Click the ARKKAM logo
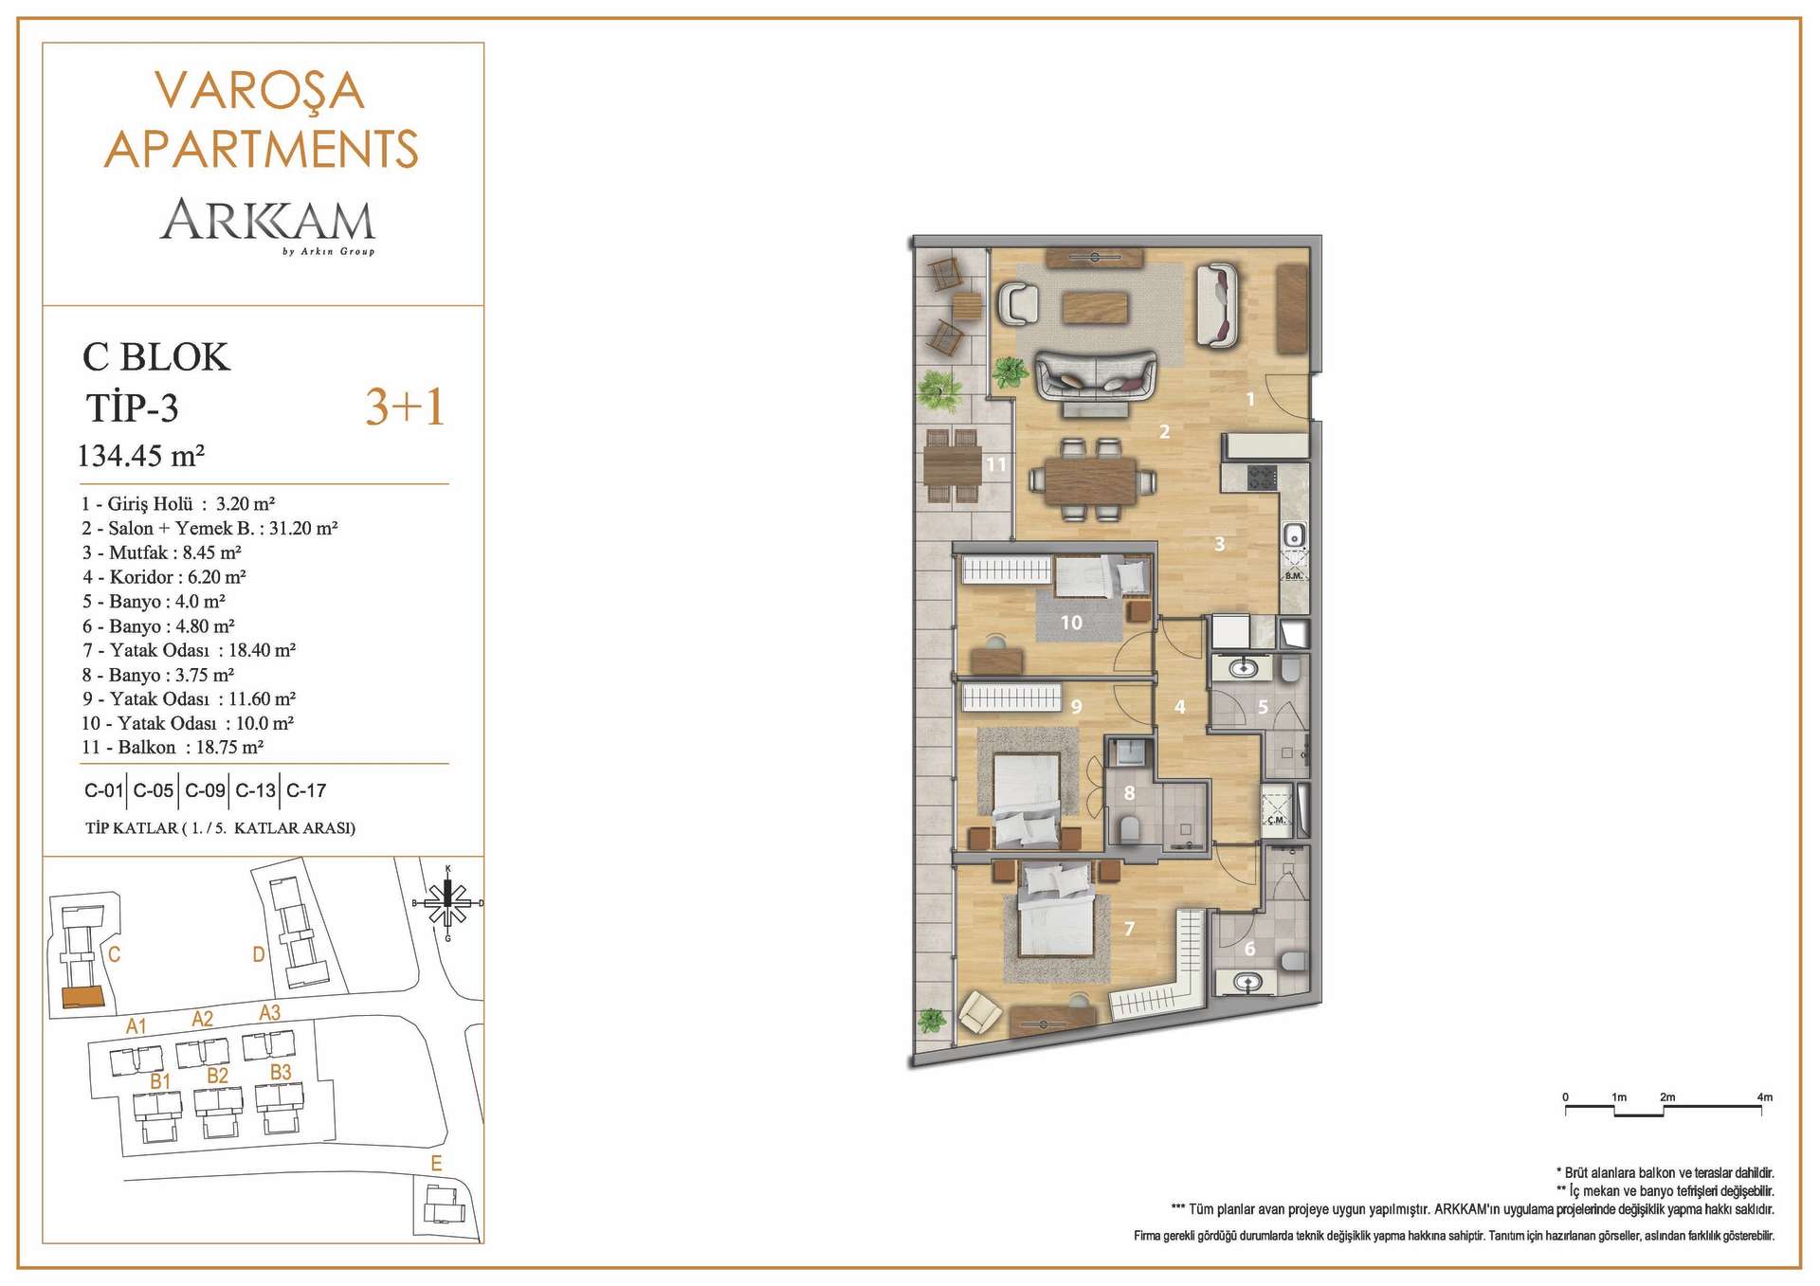pyautogui.click(x=268, y=226)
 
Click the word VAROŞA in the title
pyautogui.click(x=260, y=91)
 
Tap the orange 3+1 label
pyautogui.click(x=405, y=407)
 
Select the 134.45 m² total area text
pyautogui.click(x=141, y=456)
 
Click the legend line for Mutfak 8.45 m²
pyautogui.click(x=161, y=552)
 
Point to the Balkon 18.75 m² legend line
pyautogui.click(x=172, y=747)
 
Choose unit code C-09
pyautogui.click(x=205, y=790)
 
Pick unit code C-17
pyautogui.click(x=306, y=790)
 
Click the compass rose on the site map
pyautogui.click(x=448, y=902)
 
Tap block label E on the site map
pyautogui.click(x=436, y=1164)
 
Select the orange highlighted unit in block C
pyautogui.click(x=82, y=997)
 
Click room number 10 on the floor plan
pyautogui.click(x=1071, y=623)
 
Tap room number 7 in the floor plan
pyautogui.click(x=1129, y=929)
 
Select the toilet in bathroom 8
pyautogui.click(x=1129, y=830)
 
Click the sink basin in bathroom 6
pyautogui.click(x=1247, y=983)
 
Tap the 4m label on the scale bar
pyautogui.click(x=1764, y=1097)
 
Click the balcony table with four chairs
pyautogui.click(x=953, y=465)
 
